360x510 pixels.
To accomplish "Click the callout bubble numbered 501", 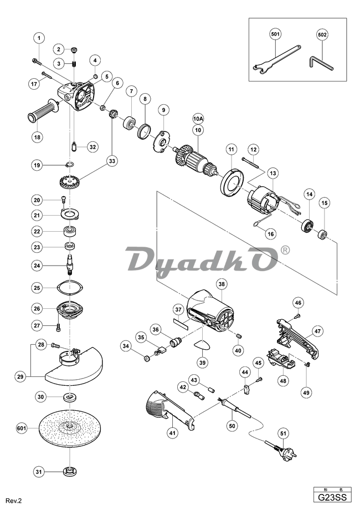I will [275, 34].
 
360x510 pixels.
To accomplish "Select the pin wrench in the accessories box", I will [275, 63].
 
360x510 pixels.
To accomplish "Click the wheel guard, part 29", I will [72, 366].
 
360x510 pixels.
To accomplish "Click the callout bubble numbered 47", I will [333, 331].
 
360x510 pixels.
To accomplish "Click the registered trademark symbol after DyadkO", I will [285, 251].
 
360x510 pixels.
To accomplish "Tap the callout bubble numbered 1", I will [39, 38].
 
